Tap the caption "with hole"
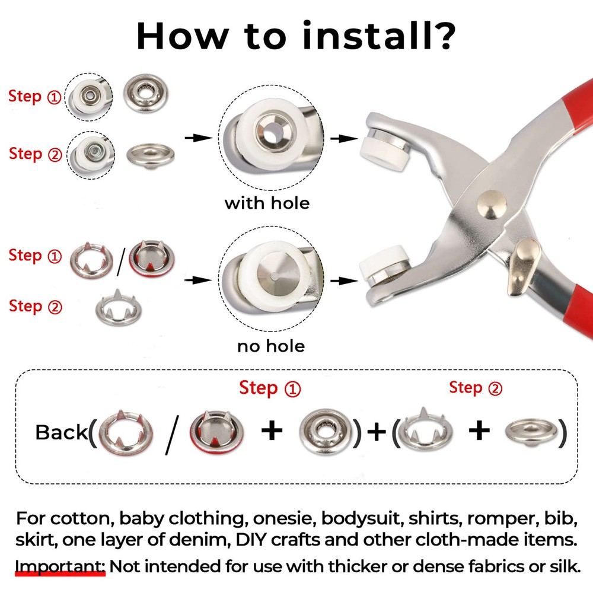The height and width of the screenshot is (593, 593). click(267, 203)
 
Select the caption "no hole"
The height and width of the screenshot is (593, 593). click(271, 346)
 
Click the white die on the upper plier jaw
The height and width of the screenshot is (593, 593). click(386, 153)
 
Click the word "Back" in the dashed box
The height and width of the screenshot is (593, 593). click(61, 432)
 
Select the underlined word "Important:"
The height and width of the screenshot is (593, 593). click(60, 566)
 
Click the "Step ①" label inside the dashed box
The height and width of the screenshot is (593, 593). click(270, 388)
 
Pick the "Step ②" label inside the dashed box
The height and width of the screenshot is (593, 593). click(476, 388)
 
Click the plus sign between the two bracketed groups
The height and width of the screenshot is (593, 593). click(377, 431)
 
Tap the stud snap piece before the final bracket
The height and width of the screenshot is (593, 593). click(531, 431)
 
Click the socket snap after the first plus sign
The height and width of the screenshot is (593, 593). click(325, 432)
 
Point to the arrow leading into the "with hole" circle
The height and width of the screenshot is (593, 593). click(198, 138)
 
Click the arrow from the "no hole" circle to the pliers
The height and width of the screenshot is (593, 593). click(344, 280)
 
